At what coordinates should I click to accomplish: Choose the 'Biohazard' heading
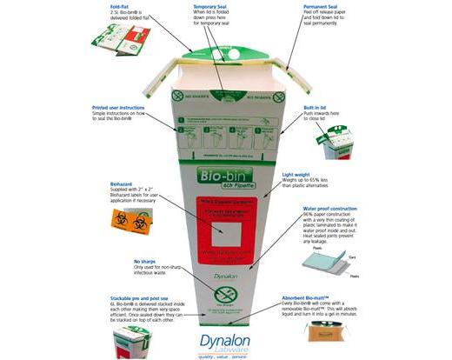point(122,184)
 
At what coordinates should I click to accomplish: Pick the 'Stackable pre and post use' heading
point(138,296)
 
